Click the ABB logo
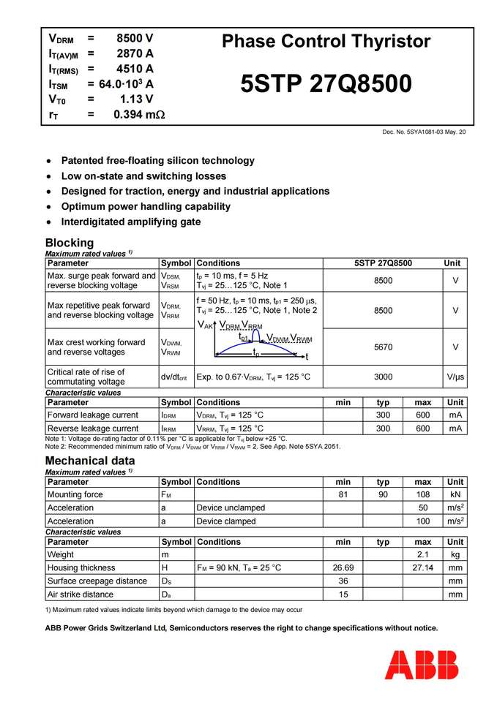tap(422, 664)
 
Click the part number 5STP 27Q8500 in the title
tap(326, 84)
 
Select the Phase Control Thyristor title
tap(326, 41)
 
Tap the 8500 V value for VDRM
tap(135, 38)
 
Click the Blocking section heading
tap(70, 243)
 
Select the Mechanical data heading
tap(90, 461)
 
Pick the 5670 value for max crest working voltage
tap(383, 347)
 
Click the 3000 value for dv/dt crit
tap(383, 377)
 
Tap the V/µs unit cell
tap(455, 377)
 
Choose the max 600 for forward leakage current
tap(422, 415)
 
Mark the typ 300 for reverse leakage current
tap(383, 429)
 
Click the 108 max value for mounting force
tap(422, 494)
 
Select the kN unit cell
tap(455, 494)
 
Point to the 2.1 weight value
tap(422, 555)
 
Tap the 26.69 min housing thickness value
tap(343, 568)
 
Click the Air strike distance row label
tap(81, 595)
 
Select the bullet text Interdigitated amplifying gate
tap(130, 222)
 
